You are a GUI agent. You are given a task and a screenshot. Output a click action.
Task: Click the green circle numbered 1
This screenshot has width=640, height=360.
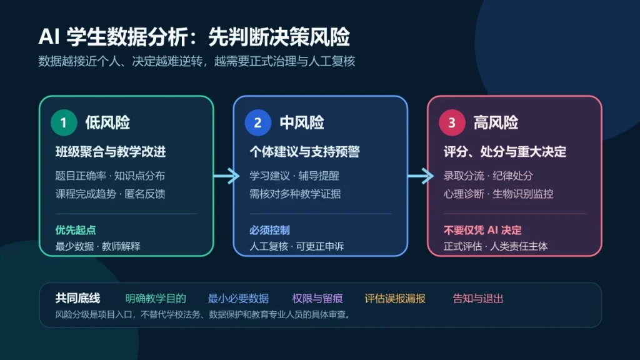coord(64,122)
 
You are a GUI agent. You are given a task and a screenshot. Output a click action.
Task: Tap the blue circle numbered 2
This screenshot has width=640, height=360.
coord(258,122)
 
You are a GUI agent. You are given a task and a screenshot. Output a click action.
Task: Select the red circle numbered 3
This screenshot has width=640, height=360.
coord(452,122)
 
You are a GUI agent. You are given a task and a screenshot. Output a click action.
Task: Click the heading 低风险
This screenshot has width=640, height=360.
coord(107,122)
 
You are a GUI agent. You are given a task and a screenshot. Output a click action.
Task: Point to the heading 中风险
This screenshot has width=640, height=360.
coord(302,122)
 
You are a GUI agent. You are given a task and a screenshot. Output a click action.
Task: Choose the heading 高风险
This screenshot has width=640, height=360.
coord(496,122)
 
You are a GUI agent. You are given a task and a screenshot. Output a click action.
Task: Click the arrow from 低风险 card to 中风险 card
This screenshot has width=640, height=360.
coord(226,176)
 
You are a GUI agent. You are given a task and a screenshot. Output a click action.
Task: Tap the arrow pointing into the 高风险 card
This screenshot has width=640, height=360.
coord(421,176)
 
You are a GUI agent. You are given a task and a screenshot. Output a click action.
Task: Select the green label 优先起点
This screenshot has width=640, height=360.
coord(76,230)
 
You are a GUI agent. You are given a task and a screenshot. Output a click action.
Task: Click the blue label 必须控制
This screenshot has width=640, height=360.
coord(269,230)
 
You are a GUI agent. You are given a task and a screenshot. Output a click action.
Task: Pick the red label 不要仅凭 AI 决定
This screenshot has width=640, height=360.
coord(482,230)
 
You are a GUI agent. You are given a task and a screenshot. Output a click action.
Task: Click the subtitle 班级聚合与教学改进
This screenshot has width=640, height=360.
coord(111,152)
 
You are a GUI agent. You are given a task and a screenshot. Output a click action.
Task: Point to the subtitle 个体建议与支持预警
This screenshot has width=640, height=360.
coord(304,152)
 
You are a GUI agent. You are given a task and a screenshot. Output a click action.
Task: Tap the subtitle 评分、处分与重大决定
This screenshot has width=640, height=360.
coord(505,152)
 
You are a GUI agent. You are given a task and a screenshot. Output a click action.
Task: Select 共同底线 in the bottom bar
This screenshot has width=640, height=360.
coord(77,298)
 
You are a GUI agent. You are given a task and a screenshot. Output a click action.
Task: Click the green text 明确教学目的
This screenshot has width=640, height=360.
coord(156,299)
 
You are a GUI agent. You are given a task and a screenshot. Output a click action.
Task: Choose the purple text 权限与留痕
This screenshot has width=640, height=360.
coord(317,299)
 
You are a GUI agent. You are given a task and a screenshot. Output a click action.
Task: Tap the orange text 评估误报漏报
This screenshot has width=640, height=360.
coord(395,299)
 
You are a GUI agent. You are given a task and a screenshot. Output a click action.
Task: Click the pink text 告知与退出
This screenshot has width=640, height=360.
coord(477,299)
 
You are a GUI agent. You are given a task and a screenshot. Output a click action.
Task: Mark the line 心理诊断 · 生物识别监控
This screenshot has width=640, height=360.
coord(498,194)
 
